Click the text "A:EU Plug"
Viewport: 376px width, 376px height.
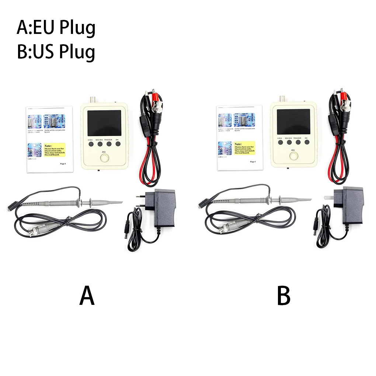(56, 28)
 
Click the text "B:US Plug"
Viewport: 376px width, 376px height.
(56, 52)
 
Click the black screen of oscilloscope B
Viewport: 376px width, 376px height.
(293, 122)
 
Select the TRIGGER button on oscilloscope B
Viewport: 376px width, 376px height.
(297, 142)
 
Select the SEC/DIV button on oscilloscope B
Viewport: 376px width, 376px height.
(289, 142)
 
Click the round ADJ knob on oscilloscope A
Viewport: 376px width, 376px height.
(104, 159)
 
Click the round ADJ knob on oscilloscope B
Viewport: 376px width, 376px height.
(293, 156)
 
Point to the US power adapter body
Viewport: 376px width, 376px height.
(353, 205)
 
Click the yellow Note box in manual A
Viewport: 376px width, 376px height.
(55, 150)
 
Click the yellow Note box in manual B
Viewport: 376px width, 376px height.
(244, 147)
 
